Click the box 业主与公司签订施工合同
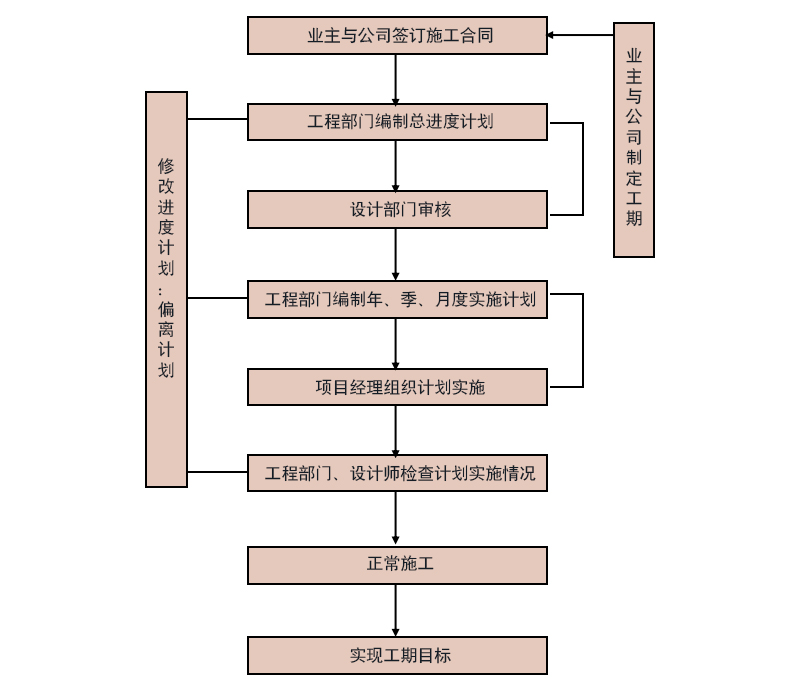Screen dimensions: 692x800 397,36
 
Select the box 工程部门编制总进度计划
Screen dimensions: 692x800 397,122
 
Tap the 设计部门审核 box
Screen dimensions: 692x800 397,210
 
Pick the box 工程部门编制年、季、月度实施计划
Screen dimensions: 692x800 397,299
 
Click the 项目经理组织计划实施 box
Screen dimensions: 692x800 397,387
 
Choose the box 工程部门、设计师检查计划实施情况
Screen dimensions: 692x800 397,473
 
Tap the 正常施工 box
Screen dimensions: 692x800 397,565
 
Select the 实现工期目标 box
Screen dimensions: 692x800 397,656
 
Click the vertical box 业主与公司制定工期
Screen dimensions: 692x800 633,140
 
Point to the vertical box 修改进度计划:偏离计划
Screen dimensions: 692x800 166,289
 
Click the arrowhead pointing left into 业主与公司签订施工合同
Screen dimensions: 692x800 552,35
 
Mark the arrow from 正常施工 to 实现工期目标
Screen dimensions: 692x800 396,610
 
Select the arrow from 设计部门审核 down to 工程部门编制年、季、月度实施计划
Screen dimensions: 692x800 396,254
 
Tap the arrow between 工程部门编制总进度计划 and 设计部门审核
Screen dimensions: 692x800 396,165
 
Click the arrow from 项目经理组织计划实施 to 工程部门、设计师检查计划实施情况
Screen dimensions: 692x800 396,430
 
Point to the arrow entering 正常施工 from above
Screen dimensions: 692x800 396,519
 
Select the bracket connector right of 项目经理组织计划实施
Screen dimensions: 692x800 582,340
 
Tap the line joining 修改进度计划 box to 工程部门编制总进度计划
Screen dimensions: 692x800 217,119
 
